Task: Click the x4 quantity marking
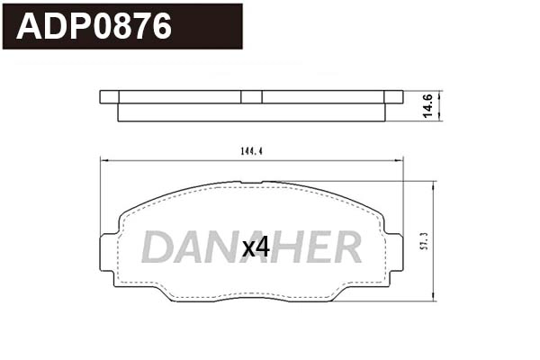[x=256, y=247]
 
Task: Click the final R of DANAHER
[x=346, y=247]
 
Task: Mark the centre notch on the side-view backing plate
[x=252, y=96]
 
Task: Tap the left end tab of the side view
[x=109, y=96]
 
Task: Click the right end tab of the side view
[x=393, y=96]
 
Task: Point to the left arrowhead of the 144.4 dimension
[x=102, y=160]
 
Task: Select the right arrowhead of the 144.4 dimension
[x=400, y=160]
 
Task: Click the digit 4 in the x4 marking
[x=262, y=247]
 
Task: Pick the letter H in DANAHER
[x=286, y=247]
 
